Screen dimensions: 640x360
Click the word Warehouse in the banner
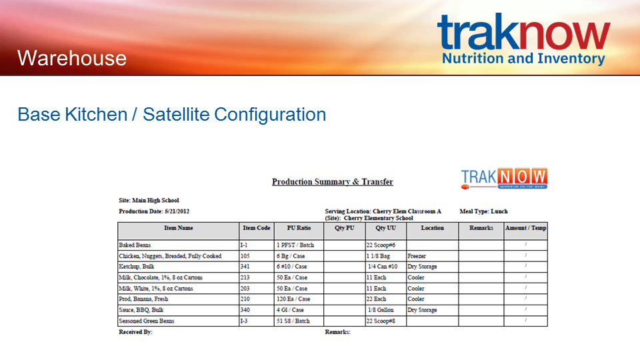click(x=72, y=58)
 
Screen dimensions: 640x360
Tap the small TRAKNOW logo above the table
click(x=504, y=179)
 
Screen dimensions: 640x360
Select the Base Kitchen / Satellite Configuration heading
click(x=172, y=114)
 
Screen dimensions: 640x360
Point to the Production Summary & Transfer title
click(x=333, y=181)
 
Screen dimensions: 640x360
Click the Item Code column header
click(x=256, y=228)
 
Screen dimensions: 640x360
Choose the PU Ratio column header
click(x=299, y=228)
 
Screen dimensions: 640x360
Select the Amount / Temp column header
click(x=526, y=228)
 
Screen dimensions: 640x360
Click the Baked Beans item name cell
click(x=135, y=245)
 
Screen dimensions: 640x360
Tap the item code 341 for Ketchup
click(x=245, y=267)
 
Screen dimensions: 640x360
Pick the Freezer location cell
click(x=417, y=256)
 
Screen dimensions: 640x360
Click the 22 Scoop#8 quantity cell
click(x=381, y=321)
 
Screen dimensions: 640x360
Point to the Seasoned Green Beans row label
click(x=147, y=321)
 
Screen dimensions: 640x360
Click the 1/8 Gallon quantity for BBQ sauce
click(x=381, y=310)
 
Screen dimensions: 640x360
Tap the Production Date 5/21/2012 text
click(x=154, y=211)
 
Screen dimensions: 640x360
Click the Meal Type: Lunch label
click(x=484, y=211)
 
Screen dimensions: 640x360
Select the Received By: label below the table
click(x=135, y=332)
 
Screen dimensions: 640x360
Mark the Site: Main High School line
click(x=149, y=201)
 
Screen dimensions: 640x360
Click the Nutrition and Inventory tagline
click(x=524, y=59)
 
